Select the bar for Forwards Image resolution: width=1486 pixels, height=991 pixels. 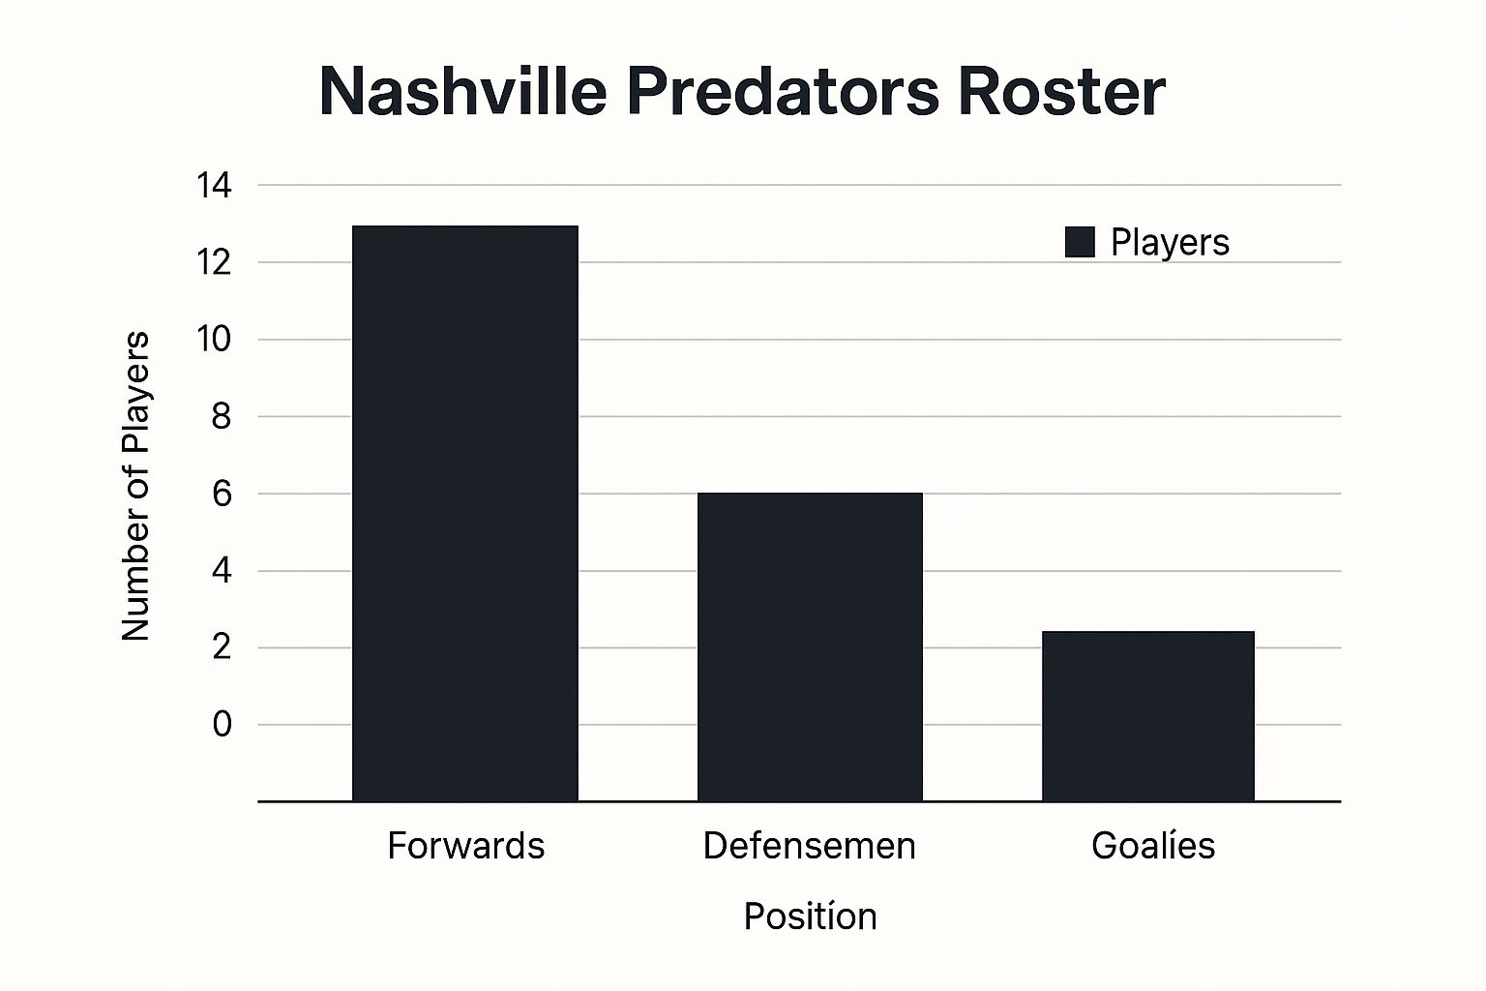point(465,513)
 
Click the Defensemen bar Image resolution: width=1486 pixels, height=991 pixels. point(810,646)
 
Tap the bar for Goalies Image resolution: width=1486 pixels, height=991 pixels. point(1148,716)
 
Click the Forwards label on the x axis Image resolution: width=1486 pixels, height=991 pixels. point(465,846)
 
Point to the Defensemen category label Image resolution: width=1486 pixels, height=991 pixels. point(810,846)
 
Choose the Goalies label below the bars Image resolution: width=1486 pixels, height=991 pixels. point(1153,846)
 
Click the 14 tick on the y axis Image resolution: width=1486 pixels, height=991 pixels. point(214,185)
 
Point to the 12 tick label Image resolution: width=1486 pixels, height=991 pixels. point(214,262)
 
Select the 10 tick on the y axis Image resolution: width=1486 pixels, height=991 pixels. point(214,340)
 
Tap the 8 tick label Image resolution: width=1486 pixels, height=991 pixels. point(223,417)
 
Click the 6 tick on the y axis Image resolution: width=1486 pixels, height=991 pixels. point(223,495)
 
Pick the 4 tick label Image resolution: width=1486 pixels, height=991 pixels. point(223,571)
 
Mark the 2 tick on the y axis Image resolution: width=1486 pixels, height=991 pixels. point(223,647)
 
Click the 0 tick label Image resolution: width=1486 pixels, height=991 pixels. point(223,724)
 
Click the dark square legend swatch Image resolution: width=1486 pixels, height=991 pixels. point(1080,242)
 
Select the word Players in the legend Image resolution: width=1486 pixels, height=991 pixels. point(1170,242)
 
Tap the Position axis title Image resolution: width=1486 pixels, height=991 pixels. point(810,916)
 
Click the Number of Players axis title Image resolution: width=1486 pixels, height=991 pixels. point(136,486)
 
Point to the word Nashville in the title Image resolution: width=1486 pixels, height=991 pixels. point(462,92)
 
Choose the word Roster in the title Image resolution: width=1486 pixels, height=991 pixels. point(1061,92)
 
